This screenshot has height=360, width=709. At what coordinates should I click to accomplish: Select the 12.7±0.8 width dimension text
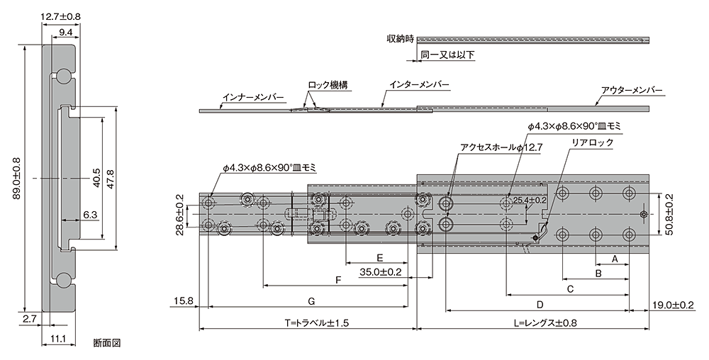coord(60,17)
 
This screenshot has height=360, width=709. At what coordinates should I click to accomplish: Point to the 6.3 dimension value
coord(91,215)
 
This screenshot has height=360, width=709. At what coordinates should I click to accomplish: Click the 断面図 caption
coord(107,343)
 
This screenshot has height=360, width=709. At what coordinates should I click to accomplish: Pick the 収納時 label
coord(400,39)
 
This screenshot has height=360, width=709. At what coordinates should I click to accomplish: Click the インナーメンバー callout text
coord(253,97)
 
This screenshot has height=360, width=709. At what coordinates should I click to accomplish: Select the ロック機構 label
coord(328,85)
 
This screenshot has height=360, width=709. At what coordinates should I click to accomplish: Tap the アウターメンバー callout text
coord(632,90)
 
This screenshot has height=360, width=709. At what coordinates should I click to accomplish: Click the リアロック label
coord(592,142)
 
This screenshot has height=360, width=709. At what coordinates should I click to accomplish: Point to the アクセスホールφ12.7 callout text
coord(501,147)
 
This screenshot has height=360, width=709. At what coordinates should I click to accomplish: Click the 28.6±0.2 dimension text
coord(180,213)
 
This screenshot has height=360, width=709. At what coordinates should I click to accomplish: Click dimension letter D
coord(540,305)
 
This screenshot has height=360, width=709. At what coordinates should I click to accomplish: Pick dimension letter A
coord(615,259)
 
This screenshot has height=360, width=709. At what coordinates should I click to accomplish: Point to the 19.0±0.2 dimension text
coord(674,306)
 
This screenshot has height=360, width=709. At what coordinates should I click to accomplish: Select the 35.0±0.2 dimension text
coord(380,272)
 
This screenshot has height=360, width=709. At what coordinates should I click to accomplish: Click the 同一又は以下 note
coord(447,55)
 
